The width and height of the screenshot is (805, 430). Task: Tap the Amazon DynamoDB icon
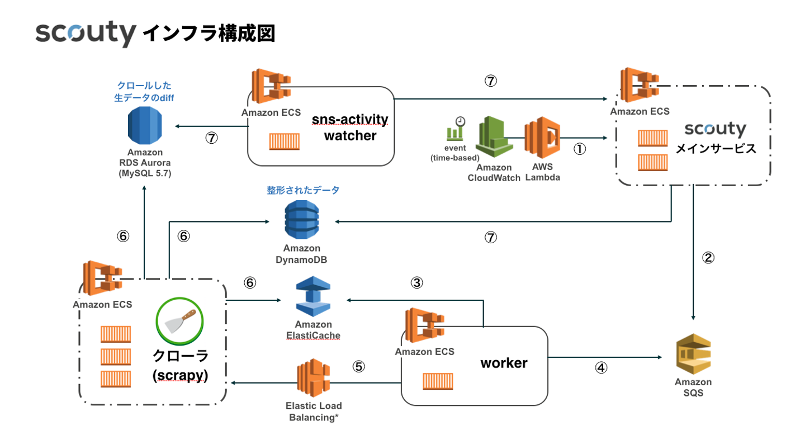coord(302,221)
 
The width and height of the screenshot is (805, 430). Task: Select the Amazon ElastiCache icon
coord(313,297)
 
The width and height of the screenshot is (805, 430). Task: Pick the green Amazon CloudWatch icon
coord(494,139)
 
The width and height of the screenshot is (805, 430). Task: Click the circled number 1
coord(580,150)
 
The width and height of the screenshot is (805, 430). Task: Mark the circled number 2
coord(708,258)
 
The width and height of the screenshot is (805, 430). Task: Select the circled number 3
coord(416,282)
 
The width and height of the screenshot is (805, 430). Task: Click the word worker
coord(504,363)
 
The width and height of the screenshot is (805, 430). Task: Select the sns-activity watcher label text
coord(350,127)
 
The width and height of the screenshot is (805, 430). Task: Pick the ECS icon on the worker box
coord(424,326)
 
